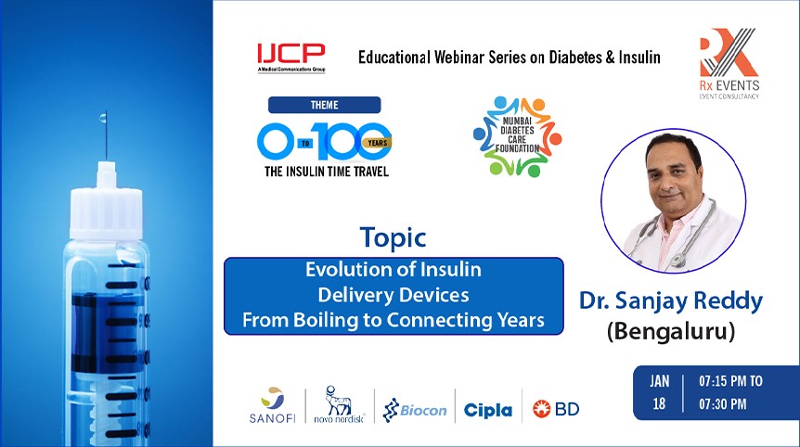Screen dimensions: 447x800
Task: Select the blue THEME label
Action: pos(324,105)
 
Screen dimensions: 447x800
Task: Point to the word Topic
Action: pos(394,236)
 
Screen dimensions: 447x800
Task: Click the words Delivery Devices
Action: pos(394,296)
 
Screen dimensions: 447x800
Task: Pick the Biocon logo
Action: pos(415,409)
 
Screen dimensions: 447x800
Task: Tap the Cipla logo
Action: pos(488,410)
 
